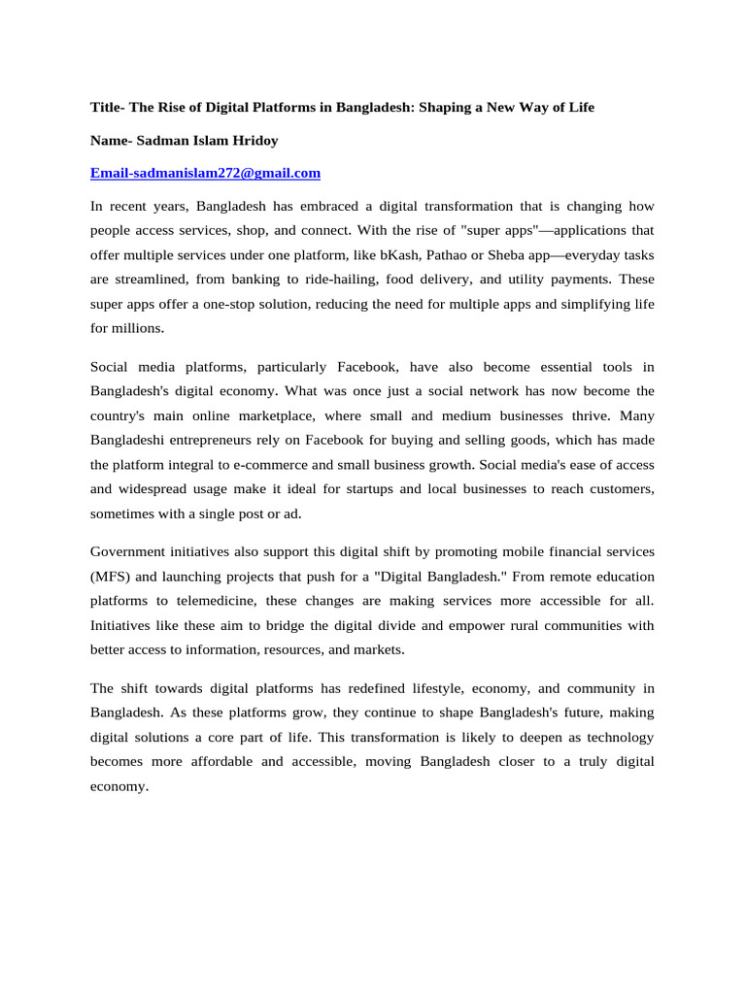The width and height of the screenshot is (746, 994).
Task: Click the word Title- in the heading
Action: pyautogui.click(x=109, y=108)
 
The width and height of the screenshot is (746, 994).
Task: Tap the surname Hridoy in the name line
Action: pyautogui.click(x=254, y=141)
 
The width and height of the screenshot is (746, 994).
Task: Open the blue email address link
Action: pyautogui.click(x=205, y=174)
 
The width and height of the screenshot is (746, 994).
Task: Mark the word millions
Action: pyautogui.click(x=137, y=329)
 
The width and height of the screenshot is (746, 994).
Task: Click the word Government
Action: pyautogui.click(x=130, y=550)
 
